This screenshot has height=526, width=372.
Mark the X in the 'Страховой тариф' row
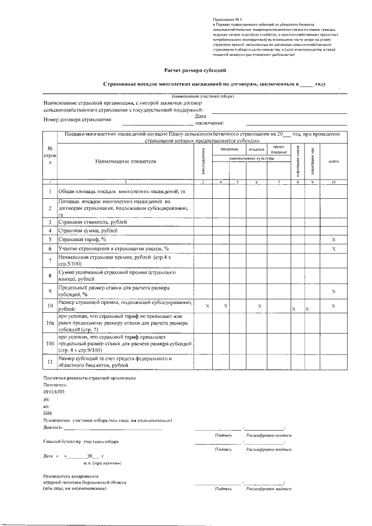click(333, 239)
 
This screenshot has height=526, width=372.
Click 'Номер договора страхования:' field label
click(78, 120)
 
